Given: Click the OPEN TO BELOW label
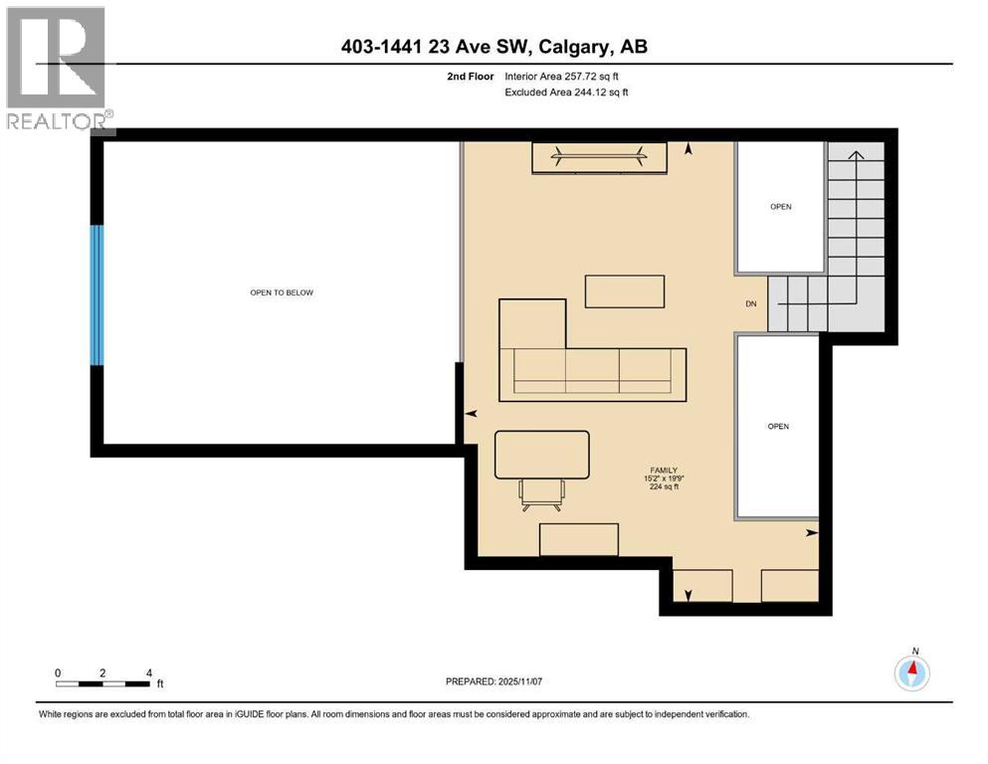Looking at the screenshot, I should pyautogui.click(x=282, y=292).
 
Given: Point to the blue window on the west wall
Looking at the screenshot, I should pyautogui.click(x=97, y=295).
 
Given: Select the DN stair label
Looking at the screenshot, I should pyautogui.click(x=752, y=304).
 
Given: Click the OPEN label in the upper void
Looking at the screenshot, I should pyautogui.click(x=780, y=207).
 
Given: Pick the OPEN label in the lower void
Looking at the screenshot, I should pyautogui.click(x=778, y=426).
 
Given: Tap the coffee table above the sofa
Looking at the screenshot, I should pyautogui.click(x=624, y=291).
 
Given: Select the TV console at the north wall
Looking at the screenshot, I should pyautogui.click(x=600, y=157).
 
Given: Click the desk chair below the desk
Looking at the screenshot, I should pyautogui.click(x=541, y=491).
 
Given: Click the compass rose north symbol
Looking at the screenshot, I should pyautogui.click(x=911, y=672).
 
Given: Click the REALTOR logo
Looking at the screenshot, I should pyautogui.click(x=58, y=69).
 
